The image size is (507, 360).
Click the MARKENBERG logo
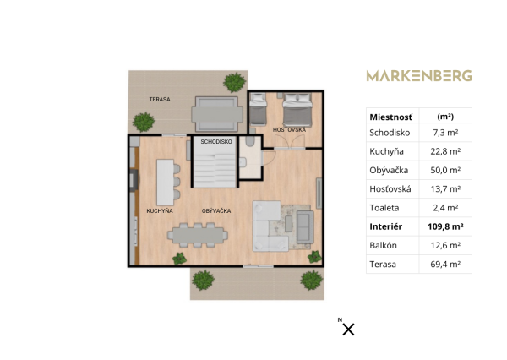pos(418,76)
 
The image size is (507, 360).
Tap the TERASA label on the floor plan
pos(160,99)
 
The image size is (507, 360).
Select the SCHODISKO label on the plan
pos(216,142)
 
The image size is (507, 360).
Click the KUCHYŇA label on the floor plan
pos(160,210)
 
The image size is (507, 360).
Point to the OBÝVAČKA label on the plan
pos(216,210)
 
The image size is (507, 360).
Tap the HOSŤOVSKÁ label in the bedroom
pos(289,129)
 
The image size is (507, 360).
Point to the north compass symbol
pos(347,329)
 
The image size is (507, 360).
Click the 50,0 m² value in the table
pos(444,170)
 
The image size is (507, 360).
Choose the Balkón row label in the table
pos(384,245)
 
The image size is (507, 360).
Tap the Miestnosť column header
pos(390,116)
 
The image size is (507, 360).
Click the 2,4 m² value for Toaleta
pos(444,208)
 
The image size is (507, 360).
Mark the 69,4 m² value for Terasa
pos(444,265)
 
